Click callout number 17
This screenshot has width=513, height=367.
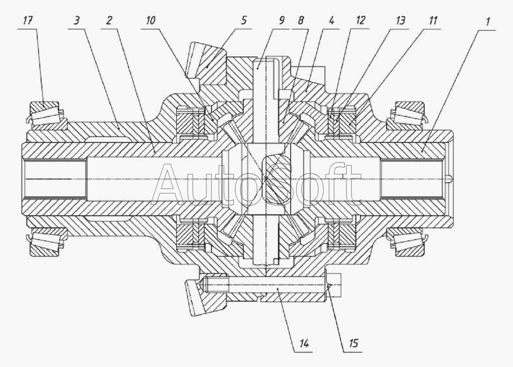[x=28, y=21]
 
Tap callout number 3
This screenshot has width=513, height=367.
[x=77, y=21]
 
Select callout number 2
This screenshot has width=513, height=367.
[x=109, y=21]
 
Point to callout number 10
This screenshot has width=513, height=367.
[x=150, y=21]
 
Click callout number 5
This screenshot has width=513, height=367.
[x=244, y=21]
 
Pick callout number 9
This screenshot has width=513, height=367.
[x=281, y=21]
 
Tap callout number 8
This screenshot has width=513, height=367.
[x=301, y=21]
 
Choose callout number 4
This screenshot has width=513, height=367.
[x=331, y=21]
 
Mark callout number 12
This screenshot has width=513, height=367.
[x=361, y=21]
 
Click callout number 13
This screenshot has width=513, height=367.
[x=400, y=21]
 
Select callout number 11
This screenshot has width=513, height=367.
[x=433, y=21]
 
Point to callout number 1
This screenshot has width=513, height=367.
[x=488, y=22]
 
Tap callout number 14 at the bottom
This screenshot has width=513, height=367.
[x=304, y=344]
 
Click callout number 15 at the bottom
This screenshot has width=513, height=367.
[x=353, y=343]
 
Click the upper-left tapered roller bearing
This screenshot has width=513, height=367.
[x=47, y=114]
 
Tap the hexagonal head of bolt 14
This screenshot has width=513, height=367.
[x=333, y=285]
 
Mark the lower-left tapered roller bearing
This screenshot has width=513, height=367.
[x=47, y=243]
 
